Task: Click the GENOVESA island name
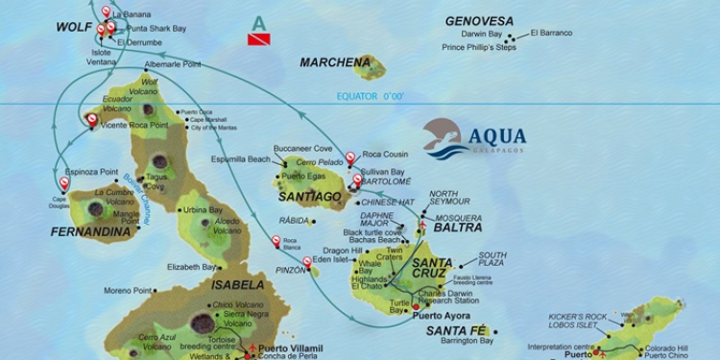point(479,20)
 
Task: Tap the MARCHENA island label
point(334,62)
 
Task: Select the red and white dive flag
point(259,38)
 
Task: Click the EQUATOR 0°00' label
point(370,96)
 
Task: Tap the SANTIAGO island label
point(310,197)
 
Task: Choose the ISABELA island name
point(229,285)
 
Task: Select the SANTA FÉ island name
point(456,330)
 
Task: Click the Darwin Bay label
point(483,34)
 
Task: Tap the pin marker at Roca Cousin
point(350,156)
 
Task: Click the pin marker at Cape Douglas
point(64,182)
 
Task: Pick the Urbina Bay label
point(203,210)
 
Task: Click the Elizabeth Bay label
point(191,267)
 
